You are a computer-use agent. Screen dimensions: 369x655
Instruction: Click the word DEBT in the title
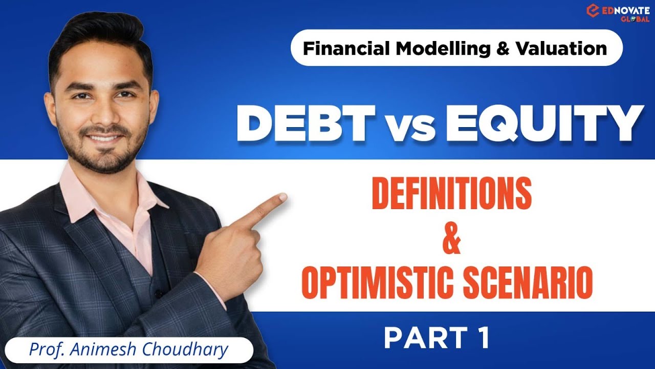(304, 124)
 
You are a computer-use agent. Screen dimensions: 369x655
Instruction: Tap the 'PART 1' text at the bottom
(438, 339)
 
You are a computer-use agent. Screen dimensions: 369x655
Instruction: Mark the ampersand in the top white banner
(499, 49)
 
